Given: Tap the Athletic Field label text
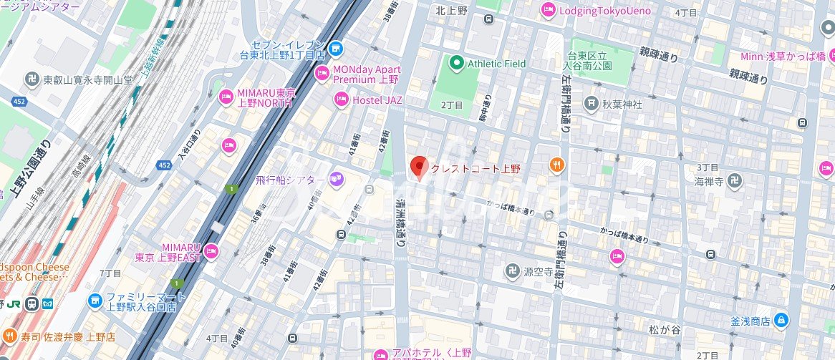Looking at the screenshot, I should click(x=496, y=64).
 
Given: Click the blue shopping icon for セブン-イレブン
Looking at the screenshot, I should click(x=337, y=49).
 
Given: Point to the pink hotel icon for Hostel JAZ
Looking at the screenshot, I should click(x=342, y=100).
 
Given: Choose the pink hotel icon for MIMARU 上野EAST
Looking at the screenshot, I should click(x=211, y=251).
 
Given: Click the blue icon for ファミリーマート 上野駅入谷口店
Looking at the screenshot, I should click(x=95, y=301).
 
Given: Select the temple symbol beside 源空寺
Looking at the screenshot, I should click(x=511, y=272).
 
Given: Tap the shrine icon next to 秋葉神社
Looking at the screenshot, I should click(x=591, y=104).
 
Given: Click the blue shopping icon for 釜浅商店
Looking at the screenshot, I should click(x=783, y=319).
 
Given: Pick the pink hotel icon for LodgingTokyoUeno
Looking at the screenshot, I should click(x=548, y=10).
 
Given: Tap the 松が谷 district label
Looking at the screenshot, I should click(x=663, y=331).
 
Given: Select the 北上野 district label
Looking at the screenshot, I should click(x=452, y=10).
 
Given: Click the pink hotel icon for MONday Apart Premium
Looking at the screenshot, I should click(x=322, y=74).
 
